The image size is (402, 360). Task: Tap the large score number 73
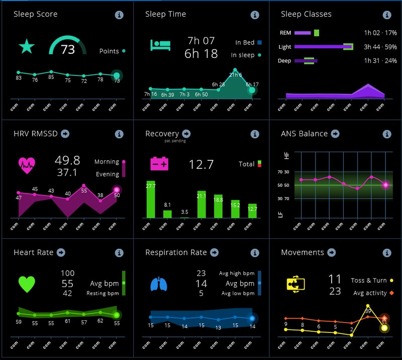[68, 49]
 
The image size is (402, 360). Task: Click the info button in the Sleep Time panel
[255, 15]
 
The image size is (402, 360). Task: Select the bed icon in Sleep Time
[160, 45]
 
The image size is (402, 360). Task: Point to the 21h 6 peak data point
[235, 70]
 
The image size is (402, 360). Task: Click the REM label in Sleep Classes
[285, 33]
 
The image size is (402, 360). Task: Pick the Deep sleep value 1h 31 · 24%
[380, 61]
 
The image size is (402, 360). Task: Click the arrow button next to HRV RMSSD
[65, 134]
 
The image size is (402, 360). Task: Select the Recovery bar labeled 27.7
[151, 199]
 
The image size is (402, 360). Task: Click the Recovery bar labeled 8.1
[167, 214]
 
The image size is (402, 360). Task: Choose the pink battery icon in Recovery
[160, 164]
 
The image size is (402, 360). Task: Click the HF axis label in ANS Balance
[287, 156]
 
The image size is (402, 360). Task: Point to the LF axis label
[287, 214]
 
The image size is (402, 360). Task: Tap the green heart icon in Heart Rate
[27, 284]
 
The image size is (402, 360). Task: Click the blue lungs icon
[158, 284]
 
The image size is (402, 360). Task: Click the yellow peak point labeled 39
[368, 305]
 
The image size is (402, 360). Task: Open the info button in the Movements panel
[386, 253]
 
